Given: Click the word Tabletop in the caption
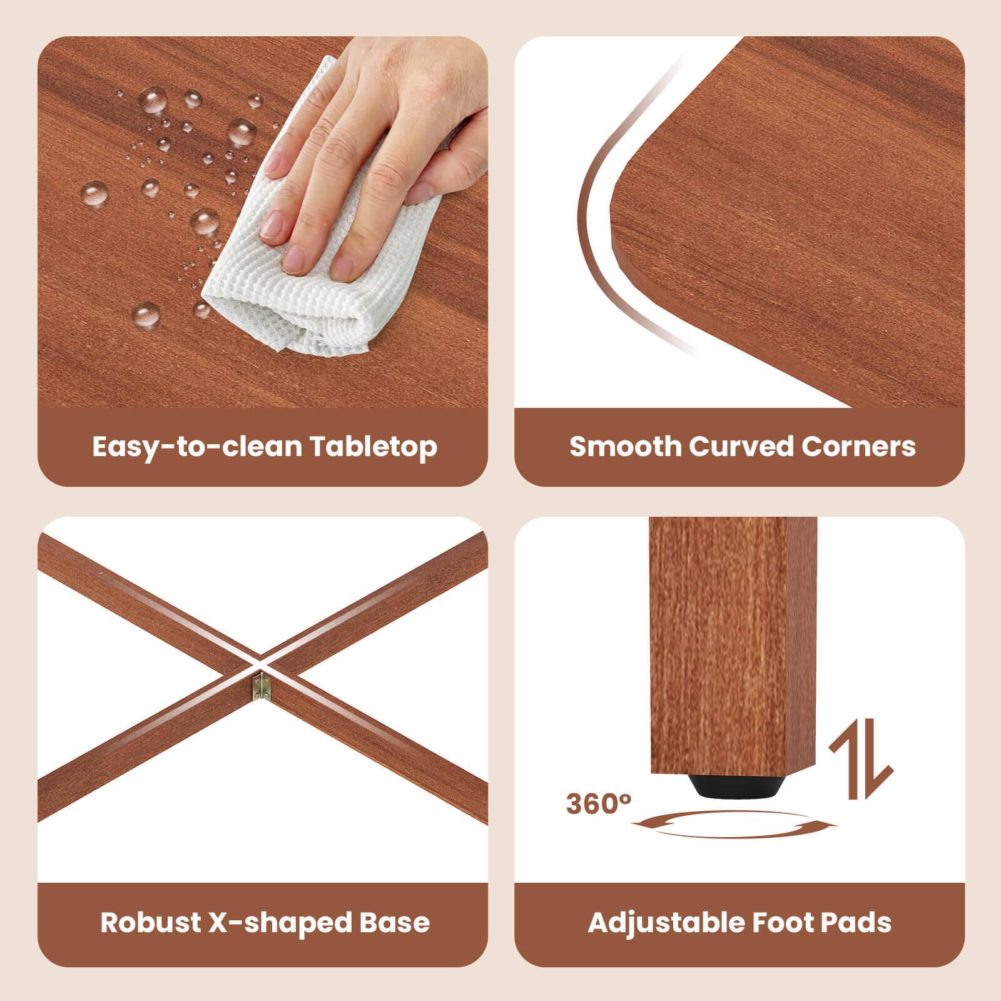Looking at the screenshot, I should click(373, 447).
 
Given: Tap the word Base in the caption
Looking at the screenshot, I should click(399, 922).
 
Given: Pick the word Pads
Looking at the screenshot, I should click(858, 922).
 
